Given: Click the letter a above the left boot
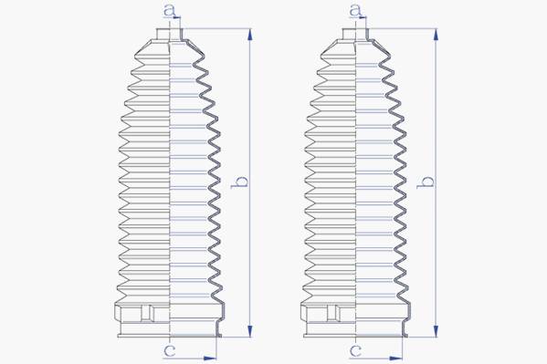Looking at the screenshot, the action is pyautogui.click(x=170, y=10).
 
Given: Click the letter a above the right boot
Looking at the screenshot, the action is pyautogui.click(x=355, y=10).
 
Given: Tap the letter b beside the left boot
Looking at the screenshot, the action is pyautogui.click(x=240, y=182).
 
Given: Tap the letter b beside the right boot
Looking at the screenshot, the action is pyautogui.click(x=426, y=182).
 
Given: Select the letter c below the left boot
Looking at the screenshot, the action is pyautogui.click(x=170, y=351).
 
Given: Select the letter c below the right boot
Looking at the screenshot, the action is pyautogui.click(x=355, y=351).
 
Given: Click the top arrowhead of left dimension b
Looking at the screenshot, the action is pyautogui.click(x=250, y=35).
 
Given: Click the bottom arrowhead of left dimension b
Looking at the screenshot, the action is pyautogui.click(x=250, y=331).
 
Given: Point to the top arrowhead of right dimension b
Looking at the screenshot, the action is pyautogui.click(x=436, y=35).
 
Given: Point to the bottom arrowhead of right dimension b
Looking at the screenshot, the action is pyautogui.click(x=436, y=331).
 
